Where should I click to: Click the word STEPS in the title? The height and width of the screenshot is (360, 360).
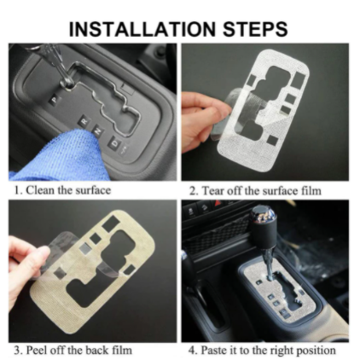pyautogui.click(x=255, y=29)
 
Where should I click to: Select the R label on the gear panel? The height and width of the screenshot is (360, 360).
pyautogui.click(x=84, y=121)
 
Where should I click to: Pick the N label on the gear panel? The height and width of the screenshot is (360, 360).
pyautogui.click(x=98, y=131)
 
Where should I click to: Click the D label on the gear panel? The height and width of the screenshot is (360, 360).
pyautogui.click(x=113, y=142)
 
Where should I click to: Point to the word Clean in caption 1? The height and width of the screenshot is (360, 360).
pyautogui.click(x=41, y=190)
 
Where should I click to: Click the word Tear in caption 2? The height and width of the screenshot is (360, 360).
pyautogui.click(x=212, y=191)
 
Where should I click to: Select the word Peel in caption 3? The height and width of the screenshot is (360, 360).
pyautogui.click(x=37, y=351)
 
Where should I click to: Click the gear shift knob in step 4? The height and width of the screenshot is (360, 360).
pyautogui.click(x=264, y=224)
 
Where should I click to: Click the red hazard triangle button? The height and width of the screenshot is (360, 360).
pyautogui.click(x=218, y=203)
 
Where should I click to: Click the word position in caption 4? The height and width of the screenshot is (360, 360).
pyautogui.click(x=316, y=351)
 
